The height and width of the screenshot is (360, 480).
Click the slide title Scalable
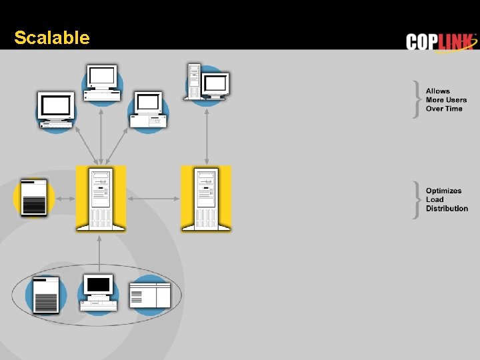pyautogui.click(x=51, y=38)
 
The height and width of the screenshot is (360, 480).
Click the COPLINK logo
pyautogui.click(x=441, y=41)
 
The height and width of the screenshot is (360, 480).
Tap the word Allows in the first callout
pyautogui.click(x=438, y=91)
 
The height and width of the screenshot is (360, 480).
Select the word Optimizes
pyautogui.click(x=443, y=191)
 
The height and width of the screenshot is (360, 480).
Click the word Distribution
pyautogui.click(x=447, y=209)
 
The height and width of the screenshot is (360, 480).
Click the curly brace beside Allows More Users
pyautogui.click(x=417, y=100)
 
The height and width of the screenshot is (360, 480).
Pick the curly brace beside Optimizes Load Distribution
pyautogui.click(x=417, y=200)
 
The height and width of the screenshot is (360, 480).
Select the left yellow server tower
pyautogui.click(x=101, y=199)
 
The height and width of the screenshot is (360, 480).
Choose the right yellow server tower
pyautogui.click(x=206, y=199)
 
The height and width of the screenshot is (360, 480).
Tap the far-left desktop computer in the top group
pyautogui.click(x=56, y=111)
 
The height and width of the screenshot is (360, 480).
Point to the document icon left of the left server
pyautogui.click(x=34, y=197)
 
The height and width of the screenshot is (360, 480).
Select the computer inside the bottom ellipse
pyautogui.click(x=98, y=293)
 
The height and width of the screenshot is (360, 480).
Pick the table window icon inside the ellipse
pyautogui.click(x=150, y=294)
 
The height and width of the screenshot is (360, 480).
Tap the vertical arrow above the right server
pyautogui.click(x=207, y=133)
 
